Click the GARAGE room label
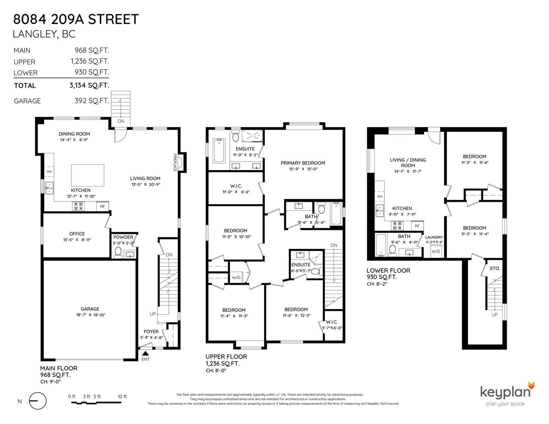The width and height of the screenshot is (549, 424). [x=90, y=309]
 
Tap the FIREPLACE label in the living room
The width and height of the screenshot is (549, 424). [x=175, y=162]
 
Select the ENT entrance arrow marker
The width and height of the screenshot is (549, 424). [x=145, y=353]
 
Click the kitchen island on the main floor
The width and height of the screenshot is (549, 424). [x=87, y=175]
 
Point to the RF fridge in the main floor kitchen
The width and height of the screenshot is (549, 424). [x=102, y=206]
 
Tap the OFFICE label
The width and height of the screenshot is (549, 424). [x=77, y=234]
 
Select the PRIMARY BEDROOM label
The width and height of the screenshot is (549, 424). [x=303, y=163]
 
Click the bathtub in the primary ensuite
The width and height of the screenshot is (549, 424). [x=219, y=151]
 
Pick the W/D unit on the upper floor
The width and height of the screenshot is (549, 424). [x=236, y=278]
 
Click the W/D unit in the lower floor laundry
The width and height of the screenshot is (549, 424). [x=436, y=251]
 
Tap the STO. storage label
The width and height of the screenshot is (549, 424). [x=495, y=268]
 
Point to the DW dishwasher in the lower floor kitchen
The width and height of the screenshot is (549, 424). [x=380, y=196]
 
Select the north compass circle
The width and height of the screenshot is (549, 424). [x=38, y=401]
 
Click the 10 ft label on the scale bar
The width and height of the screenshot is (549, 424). [x=122, y=397]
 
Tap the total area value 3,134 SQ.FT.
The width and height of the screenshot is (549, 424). [x=89, y=85]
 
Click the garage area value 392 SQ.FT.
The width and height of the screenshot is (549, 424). [x=92, y=101]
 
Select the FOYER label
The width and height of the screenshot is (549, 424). [x=151, y=332]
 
